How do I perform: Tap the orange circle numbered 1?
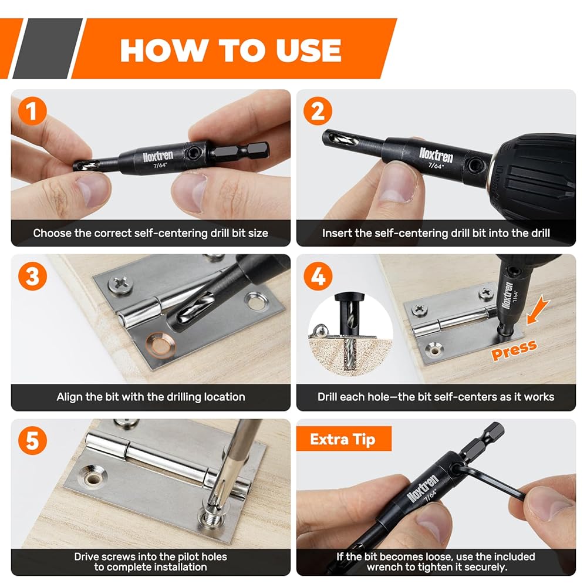click(x=32, y=111)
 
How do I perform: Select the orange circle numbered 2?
click(x=318, y=111)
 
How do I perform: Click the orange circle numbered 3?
click(x=32, y=276)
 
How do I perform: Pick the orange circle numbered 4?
click(x=318, y=276)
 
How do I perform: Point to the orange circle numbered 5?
click(x=32, y=441)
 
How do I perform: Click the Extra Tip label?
click(x=343, y=439)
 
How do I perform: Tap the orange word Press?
click(x=514, y=350)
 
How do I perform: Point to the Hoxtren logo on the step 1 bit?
click(x=158, y=156)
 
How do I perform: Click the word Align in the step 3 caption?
click(x=69, y=397)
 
